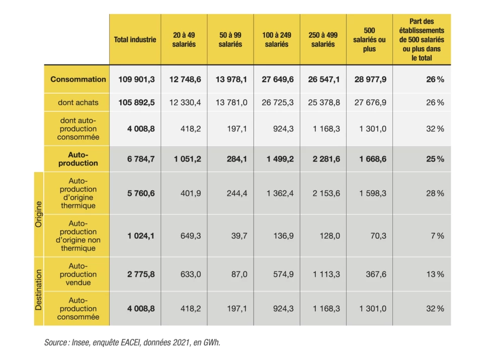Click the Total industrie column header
[135, 39]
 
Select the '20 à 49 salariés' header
[184, 39]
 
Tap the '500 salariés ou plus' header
[369, 39]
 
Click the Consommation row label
[78, 80]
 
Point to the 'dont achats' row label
[78, 102]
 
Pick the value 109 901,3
[136, 80]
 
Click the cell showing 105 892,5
[136, 102]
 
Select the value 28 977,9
[370, 80]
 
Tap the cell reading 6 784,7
[141, 159]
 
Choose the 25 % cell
[435, 159]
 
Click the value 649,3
[191, 236]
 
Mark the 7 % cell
[437, 236]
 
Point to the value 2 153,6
[326, 193]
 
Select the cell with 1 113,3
[326, 274]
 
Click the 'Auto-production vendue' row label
[78, 274]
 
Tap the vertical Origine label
[39, 214]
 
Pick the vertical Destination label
[39, 290]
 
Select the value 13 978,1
[231, 80]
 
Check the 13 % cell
[435, 274]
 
